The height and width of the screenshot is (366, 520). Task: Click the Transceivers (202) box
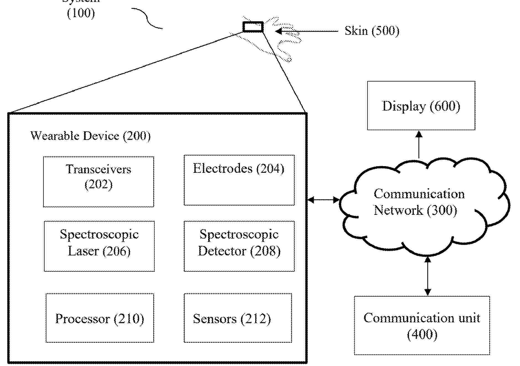(x=99, y=182)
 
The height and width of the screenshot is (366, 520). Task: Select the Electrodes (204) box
(x=239, y=180)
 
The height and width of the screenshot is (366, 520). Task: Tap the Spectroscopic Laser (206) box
(x=99, y=246)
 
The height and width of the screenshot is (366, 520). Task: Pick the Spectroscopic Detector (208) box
(x=239, y=246)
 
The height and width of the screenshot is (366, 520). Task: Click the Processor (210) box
(x=100, y=318)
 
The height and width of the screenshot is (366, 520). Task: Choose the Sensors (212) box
(x=238, y=318)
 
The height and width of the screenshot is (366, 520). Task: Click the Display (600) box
(x=421, y=106)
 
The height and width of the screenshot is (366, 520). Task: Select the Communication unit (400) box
(x=422, y=325)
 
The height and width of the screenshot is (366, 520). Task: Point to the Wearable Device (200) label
(x=90, y=136)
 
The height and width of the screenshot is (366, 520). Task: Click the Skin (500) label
(x=372, y=31)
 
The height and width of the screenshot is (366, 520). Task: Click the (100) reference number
(x=81, y=13)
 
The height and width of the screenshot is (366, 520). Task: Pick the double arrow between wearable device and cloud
(x=323, y=200)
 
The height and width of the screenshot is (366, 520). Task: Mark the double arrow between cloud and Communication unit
(x=428, y=276)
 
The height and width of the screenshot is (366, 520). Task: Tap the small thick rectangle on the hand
(x=253, y=27)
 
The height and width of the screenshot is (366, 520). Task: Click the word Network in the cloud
(x=398, y=210)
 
